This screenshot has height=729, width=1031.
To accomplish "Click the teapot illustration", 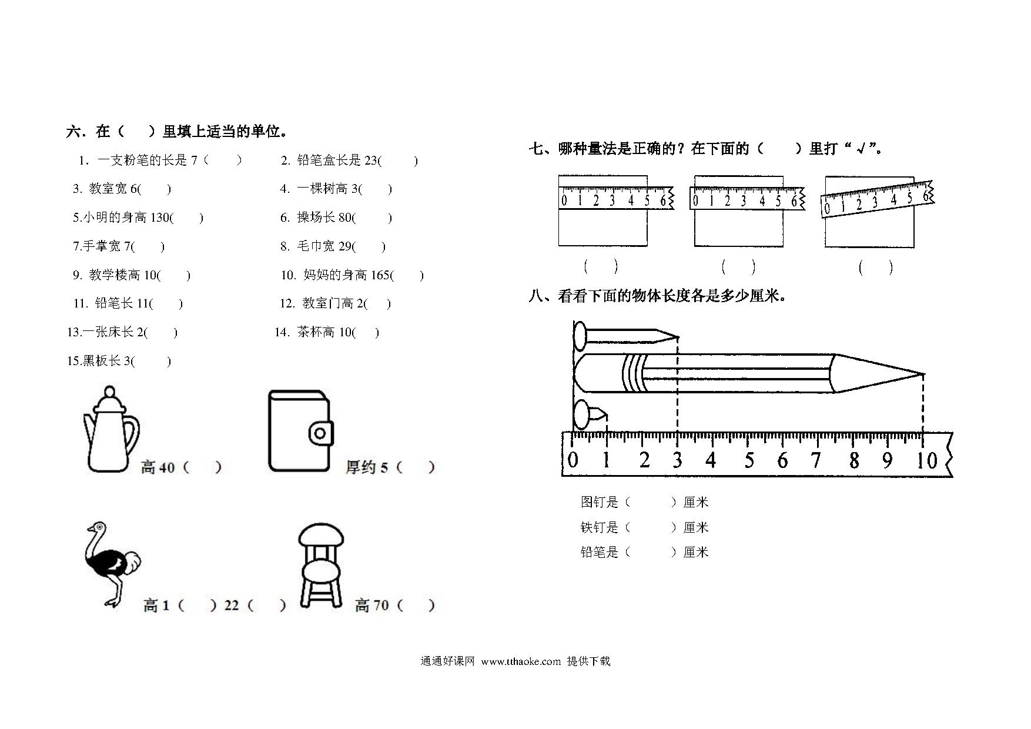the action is pyautogui.click(x=111, y=429).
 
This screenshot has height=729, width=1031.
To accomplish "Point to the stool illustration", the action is pyautogui.click(x=321, y=566).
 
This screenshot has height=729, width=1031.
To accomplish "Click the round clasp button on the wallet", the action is pyautogui.click(x=320, y=434).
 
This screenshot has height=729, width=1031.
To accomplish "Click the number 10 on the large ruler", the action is pyautogui.click(x=926, y=460).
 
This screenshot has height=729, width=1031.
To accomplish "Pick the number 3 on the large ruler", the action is pyautogui.click(x=677, y=460).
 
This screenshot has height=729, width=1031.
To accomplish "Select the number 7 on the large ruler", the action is pyautogui.click(x=815, y=460).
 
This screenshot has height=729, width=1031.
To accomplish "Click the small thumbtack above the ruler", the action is pyautogui.click(x=589, y=414).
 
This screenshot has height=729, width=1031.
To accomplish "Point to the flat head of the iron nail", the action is pyautogui.click(x=580, y=337).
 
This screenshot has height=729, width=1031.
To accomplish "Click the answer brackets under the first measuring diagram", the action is pyautogui.click(x=600, y=266).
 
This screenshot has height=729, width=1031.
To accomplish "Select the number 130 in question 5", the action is pyautogui.click(x=159, y=218).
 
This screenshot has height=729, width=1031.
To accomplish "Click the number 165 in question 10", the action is pyautogui.click(x=380, y=275).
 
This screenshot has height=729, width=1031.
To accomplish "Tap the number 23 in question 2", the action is pyautogui.click(x=371, y=160).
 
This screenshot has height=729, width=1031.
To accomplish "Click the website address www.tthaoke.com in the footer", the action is pyautogui.click(x=521, y=661).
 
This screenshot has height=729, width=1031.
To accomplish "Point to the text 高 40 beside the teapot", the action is pyautogui.click(x=158, y=467).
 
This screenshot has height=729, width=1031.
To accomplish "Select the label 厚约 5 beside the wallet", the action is pyautogui.click(x=367, y=467).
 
